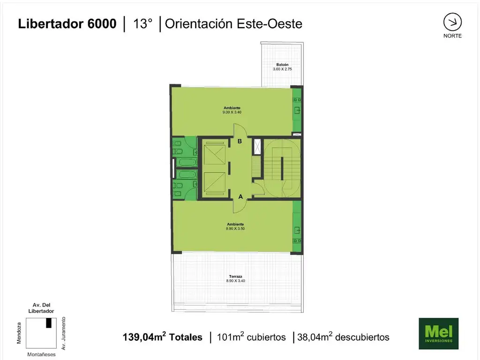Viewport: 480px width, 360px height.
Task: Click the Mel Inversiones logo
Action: pyautogui.click(x=438, y=333)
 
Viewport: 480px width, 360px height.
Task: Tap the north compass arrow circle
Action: pyautogui.click(x=452, y=22)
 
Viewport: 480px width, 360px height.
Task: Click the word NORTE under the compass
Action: pyautogui.click(x=452, y=36)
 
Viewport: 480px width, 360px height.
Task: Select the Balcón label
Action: pyautogui.click(x=282, y=65)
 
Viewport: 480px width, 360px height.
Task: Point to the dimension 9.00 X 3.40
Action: pyautogui.click(x=232, y=112)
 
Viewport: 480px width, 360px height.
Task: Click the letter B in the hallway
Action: pyautogui.click(x=240, y=141)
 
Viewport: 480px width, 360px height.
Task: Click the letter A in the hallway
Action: pyautogui.click(x=240, y=196)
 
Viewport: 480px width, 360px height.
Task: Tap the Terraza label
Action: pyautogui.click(x=235, y=277)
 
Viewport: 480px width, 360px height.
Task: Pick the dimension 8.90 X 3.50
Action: pyautogui.click(x=235, y=229)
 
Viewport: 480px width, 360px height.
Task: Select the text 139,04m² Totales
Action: pyautogui.click(x=163, y=337)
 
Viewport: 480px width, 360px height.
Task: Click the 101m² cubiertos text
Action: pyautogui.click(x=251, y=337)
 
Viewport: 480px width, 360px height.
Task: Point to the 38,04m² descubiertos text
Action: pyautogui.click(x=343, y=337)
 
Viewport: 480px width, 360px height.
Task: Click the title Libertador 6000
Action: pyautogui.click(x=67, y=23)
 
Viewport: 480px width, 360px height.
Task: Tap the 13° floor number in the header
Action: pyautogui.click(x=142, y=23)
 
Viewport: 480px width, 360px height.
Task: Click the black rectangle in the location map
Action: pyautogui.click(x=49, y=323)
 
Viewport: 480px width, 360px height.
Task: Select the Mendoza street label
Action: pyautogui.click(x=19, y=333)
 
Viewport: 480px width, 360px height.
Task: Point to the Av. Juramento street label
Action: pyautogui.click(x=63, y=333)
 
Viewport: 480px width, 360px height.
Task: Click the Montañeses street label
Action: pyautogui.click(x=41, y=354)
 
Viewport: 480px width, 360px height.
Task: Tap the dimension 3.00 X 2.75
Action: pyautogui.click(x=282, y=69)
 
